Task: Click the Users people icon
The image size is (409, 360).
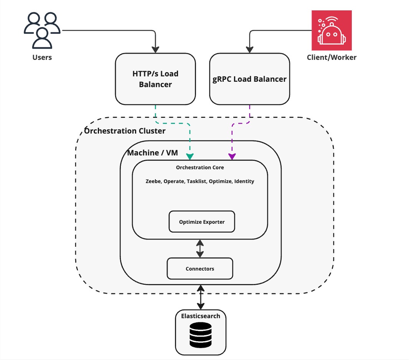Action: pos(42,30)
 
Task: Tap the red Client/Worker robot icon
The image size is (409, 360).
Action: pos(331,30)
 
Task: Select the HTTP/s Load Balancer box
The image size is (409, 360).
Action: pos(155,79)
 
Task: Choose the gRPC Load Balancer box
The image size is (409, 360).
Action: pos(249,79)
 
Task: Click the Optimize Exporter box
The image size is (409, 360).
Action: pos(202,222)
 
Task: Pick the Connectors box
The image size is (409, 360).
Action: pos(200,269)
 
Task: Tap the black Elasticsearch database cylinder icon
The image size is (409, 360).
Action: pos(201,335)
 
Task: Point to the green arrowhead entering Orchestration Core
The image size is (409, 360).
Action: pos(190,156)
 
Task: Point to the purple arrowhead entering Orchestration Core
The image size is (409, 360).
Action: pos(232,156)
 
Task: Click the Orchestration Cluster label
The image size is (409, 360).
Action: pos(125,131)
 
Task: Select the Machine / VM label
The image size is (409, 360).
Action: pos(153,153)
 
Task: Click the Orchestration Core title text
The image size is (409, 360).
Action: pos(200,167)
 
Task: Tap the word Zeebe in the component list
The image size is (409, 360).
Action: pos(153,181)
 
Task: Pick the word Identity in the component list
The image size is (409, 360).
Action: pos(244,181)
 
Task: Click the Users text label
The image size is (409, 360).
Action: pos(42,58)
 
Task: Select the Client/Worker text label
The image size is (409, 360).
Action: pos(331,58)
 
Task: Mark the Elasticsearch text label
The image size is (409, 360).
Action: pos(201,316)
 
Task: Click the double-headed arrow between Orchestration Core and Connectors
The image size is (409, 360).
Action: pos(200,248)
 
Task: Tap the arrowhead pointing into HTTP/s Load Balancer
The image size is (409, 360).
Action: pos(155,50)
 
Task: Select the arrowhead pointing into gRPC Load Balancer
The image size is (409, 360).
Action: pos(250,50)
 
